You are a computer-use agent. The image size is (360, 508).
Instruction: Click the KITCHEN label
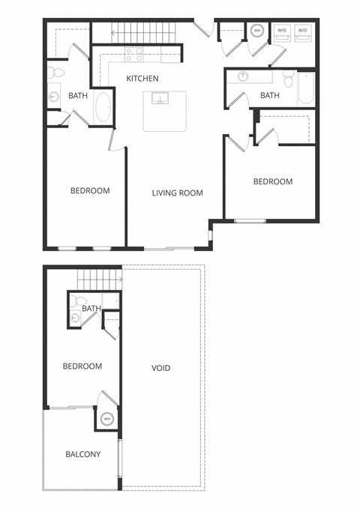(142, 79)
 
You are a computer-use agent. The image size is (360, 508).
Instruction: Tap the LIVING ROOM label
(178, 193)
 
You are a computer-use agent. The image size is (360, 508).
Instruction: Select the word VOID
(160, 368)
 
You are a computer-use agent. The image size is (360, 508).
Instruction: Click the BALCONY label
(82, 454)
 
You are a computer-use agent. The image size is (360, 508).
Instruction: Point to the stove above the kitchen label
(134, 54)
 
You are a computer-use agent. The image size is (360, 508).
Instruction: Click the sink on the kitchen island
(160, 98)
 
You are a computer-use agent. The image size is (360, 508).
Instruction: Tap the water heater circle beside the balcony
(106, 419)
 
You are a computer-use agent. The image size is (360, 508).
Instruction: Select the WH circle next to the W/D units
(257, 31)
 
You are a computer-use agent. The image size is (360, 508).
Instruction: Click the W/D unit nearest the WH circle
(283, 31)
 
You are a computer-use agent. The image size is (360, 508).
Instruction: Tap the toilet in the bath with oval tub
(55, 73)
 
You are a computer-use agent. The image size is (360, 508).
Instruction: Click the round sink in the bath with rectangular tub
(243, 76)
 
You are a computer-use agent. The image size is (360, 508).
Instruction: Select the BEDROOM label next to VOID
(82, 366)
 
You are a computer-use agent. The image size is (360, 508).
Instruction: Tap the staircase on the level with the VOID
(98, 279)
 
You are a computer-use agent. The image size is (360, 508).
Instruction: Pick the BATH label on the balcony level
(91, 308)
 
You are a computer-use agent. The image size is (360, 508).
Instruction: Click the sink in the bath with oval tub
(54, 96)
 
